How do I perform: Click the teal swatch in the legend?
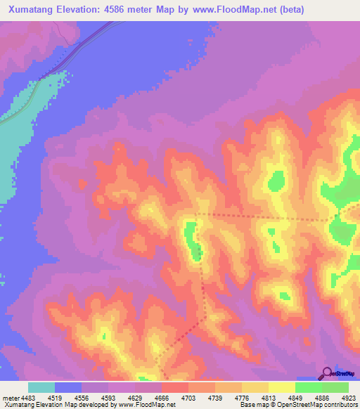point(41,387)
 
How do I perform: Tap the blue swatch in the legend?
point(68,387)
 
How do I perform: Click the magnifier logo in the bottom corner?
point(327,373)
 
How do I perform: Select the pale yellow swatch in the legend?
point(282,387)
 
